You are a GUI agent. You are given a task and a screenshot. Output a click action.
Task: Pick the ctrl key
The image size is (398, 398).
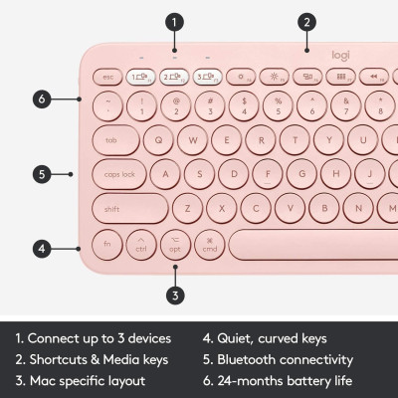tap(141, 245)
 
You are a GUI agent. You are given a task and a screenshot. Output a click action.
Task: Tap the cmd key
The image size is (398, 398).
tap(210, 245)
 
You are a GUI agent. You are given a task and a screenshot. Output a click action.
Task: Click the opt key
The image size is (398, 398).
tap(175, 245)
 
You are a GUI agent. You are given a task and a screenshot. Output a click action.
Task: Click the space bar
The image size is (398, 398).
tap(308, 245)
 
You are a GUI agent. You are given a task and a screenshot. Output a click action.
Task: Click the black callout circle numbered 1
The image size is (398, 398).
tap(174, 21)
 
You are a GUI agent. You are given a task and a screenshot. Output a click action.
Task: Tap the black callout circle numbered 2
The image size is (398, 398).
tap(307, 21)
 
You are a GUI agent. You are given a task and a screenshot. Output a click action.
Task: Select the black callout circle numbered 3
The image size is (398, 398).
tap(174, 294)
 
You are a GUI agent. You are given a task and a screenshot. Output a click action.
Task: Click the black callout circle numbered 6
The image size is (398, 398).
tap(42, 99)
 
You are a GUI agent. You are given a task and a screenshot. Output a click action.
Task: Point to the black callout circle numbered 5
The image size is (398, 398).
tap(42, 174)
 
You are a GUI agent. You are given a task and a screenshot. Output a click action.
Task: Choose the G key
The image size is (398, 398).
tap(281, 174)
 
